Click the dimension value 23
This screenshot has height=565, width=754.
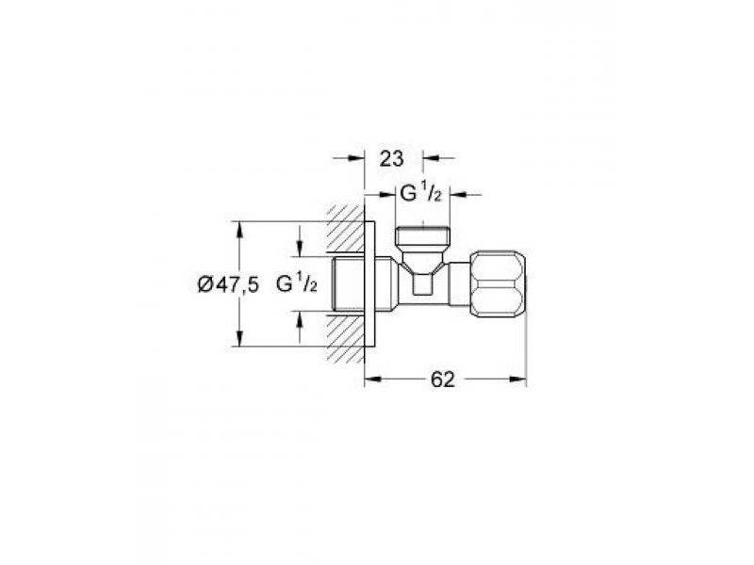pyautogui.click(x=391, y=158)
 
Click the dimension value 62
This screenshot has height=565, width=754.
pyautogui.click(x=442, y=379)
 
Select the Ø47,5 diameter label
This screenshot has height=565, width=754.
pyautogui.click(x=228, y=285)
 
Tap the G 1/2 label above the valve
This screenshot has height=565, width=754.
pyautogui.click(x=420, y=194)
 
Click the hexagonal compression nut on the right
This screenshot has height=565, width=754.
pyautogui.click(x=499, y=283)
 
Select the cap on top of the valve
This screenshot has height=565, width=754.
pyautogui.click(x=422, y=236)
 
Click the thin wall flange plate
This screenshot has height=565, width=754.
pyautogui.click(x=369, y=283)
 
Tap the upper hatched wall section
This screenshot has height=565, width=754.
pyautogui.click(x=346, y=230)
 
